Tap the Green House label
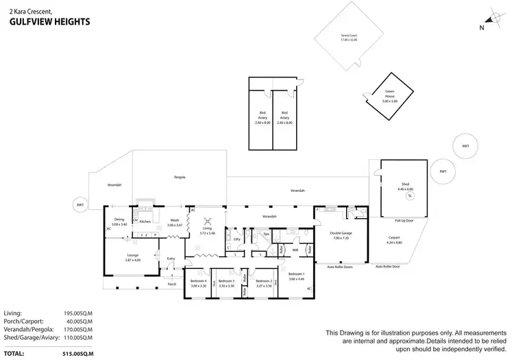click(x=389, y=98)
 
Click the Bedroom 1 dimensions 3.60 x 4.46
click(x=296, y=278)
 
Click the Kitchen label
click(x=145, y=222)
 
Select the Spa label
click(x=267, y=235)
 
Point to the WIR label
click(x=296, y=250)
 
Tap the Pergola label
click(x=180, y=177)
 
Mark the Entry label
click(x=171, y=259)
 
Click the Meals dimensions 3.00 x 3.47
click(x=175, y=226)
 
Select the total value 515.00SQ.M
click(x=77, y=353)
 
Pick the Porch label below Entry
click(x=172, y=284)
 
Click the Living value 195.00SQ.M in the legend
click(x=77, y=312)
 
